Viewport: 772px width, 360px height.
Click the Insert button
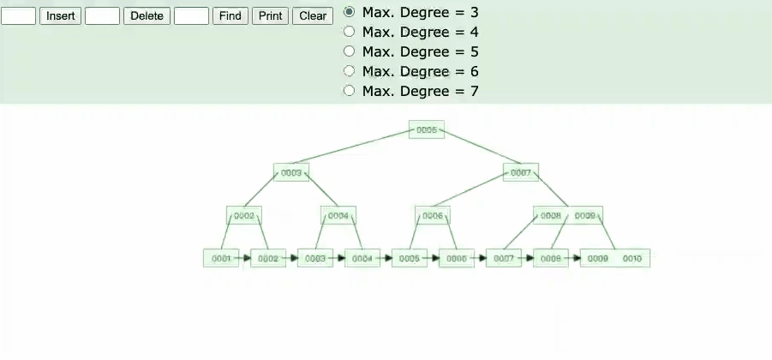60,16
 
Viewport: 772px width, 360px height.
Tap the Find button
230,16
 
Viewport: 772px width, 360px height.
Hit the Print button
270,16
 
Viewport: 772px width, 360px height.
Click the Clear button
313,16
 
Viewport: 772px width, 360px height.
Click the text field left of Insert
18,16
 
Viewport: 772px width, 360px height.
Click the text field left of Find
191,16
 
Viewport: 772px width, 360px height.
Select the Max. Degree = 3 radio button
349,12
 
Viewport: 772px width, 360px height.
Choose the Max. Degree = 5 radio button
349,51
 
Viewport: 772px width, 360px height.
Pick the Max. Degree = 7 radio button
349,91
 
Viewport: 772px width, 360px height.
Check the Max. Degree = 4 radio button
349,32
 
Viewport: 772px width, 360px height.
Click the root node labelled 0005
427,130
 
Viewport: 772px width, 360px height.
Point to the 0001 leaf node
221,258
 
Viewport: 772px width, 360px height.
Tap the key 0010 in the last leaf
632,258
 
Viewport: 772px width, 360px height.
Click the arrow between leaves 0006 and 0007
480,257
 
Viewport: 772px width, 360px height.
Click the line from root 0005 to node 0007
480,150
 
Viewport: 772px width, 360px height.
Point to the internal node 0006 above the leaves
433,216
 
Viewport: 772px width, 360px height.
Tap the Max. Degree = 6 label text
420,71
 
